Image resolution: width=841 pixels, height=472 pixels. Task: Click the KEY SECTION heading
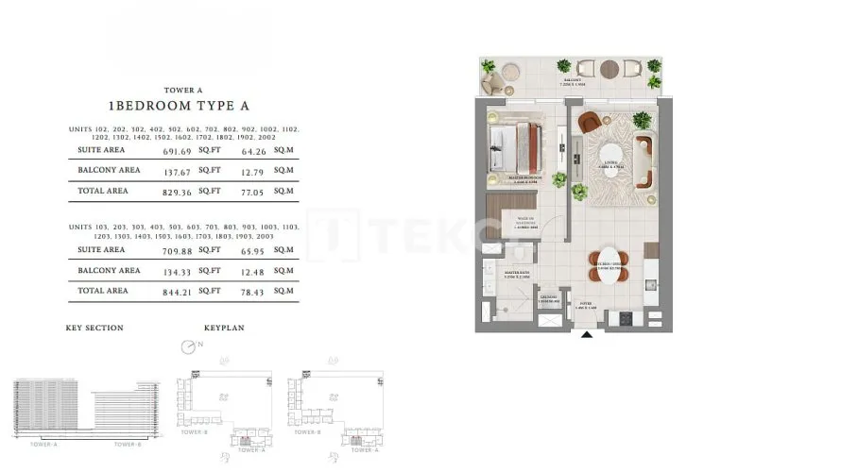point(94,329)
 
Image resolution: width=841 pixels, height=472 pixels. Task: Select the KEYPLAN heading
point(225,329)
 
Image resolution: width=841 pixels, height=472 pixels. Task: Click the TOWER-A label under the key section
point(44,444)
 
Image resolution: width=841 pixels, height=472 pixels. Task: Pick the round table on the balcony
point(609,69)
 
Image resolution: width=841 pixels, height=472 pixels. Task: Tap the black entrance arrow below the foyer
point(586,333)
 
